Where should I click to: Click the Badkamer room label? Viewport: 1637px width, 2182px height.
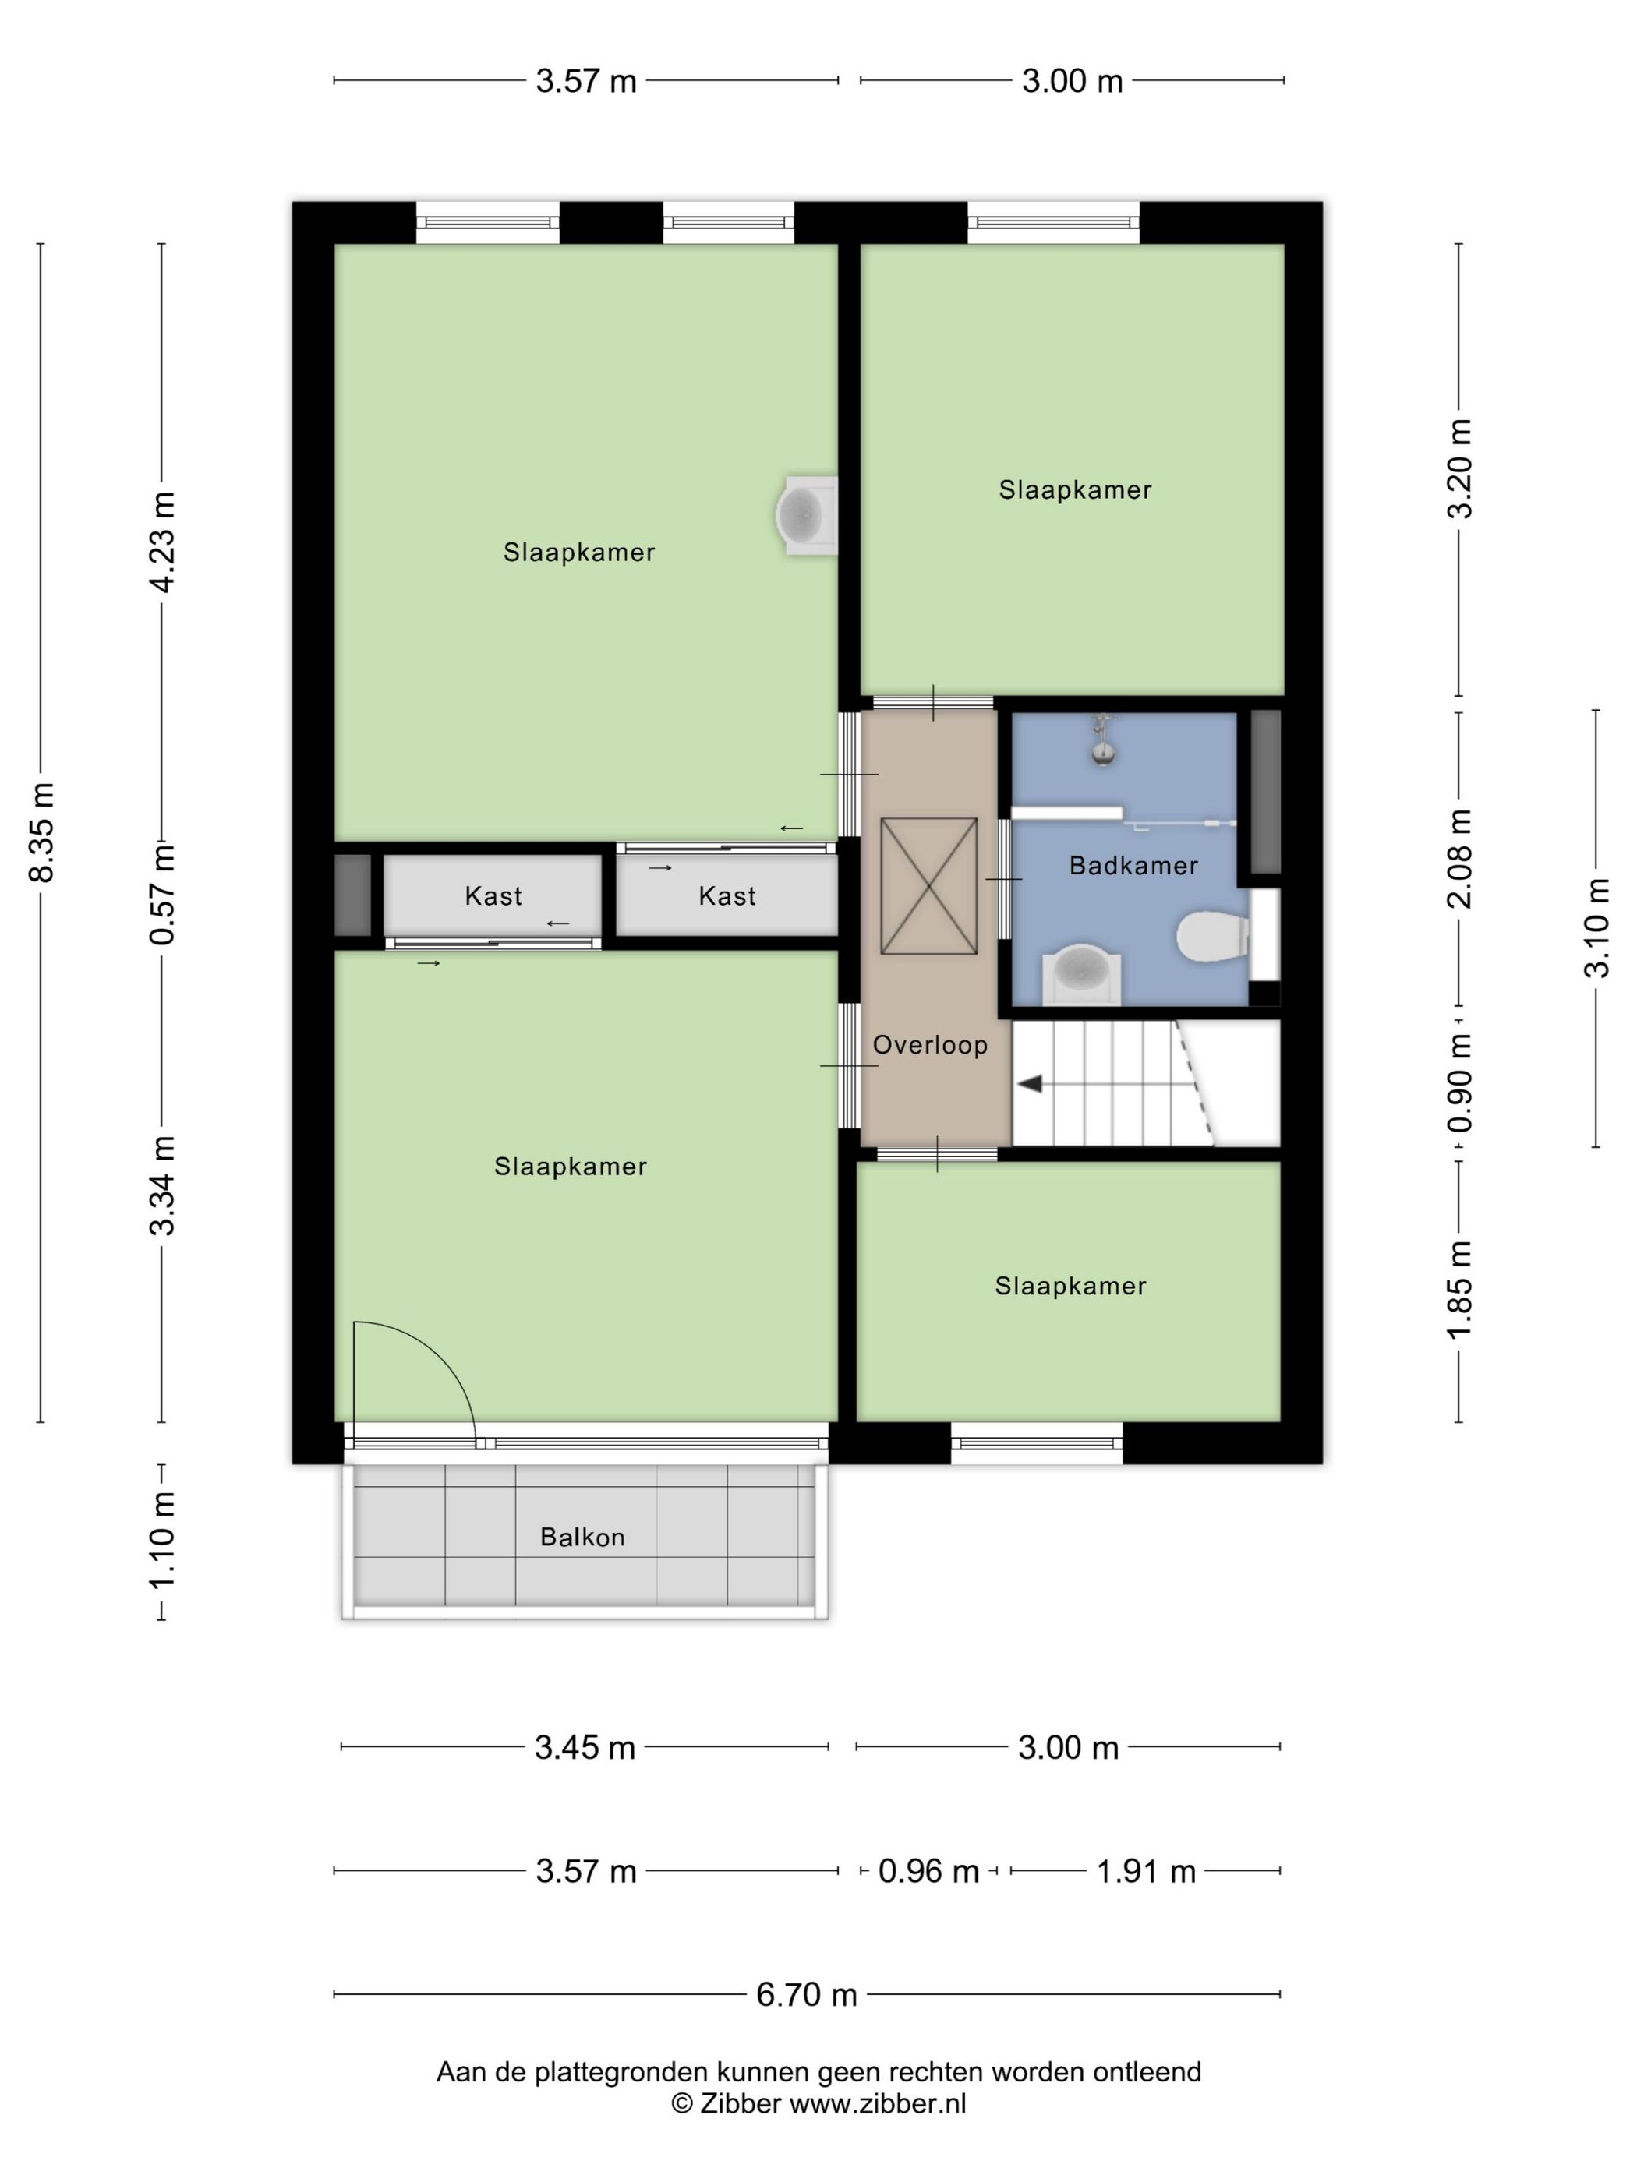pos(1133,865)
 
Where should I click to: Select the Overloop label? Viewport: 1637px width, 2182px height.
pos(929,1045)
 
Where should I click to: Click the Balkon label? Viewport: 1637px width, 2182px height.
pos(582,1537)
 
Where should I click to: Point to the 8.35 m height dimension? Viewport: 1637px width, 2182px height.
pos(41,831)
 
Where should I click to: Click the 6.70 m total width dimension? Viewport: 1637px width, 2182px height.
pos(806,1993)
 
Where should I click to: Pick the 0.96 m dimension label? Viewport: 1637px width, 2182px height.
pos(928,1870)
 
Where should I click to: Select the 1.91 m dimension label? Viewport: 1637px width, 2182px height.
pos(1146,1870)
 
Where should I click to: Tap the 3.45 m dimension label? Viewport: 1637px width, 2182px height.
pos(584,1747)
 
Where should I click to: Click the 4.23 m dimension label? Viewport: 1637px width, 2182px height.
pos(162,542)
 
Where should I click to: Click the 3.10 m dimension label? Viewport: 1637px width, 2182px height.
pos(1596,927)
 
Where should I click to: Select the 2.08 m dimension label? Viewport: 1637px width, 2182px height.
pos(1459,857)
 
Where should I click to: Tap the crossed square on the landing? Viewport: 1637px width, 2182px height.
pos(928,886)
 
